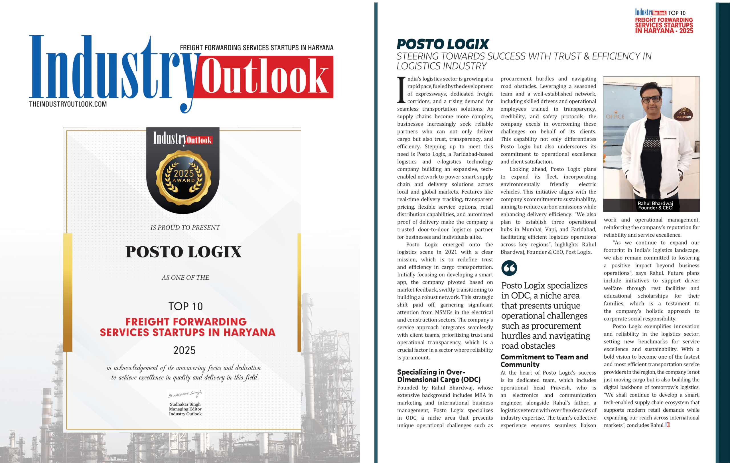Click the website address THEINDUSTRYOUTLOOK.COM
tap(68, 104)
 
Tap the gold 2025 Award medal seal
tap(183, 178)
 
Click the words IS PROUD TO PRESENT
tap(185, 228)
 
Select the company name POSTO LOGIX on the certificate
tap(183, 252)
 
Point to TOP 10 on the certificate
tap(186, 306)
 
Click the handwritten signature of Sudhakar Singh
tap(185, 394)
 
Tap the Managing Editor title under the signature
tap(185, 409)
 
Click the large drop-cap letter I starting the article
tap(401, 90)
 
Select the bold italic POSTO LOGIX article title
tap(443, 44)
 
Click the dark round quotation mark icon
tap(509, 268)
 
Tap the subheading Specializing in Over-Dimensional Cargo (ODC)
tap(439, 376)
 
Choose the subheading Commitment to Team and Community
tap(544, 361)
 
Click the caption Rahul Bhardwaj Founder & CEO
tap(655, 206)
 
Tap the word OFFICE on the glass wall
tap(615, 117)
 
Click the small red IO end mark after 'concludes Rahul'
tap(667, 425)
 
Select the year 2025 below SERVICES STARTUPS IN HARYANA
tap(184, 350)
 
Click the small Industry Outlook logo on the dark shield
tap(182, 139)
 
